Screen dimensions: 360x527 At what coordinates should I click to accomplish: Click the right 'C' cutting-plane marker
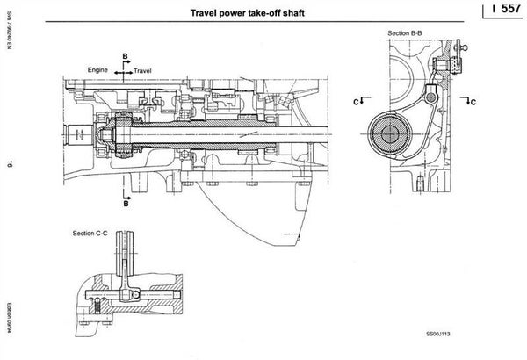pos(471,101)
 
